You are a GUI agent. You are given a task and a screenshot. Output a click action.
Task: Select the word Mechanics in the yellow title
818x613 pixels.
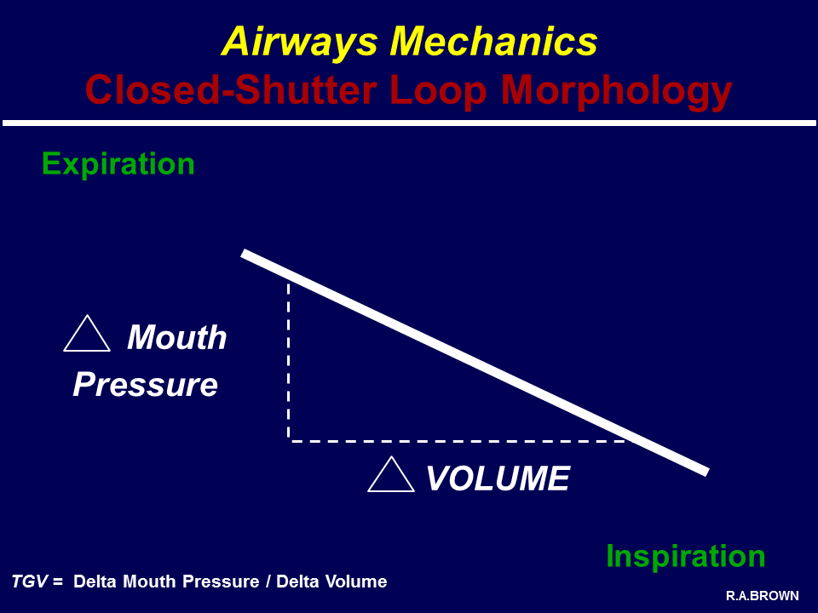click(x=493, y=41)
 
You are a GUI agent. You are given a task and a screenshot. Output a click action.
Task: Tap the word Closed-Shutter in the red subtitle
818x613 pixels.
click(x=231, y=89)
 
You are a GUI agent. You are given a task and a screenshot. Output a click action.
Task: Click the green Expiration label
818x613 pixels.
click(x=118, y=164)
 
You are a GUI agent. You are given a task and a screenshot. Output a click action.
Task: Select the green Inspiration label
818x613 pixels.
click(x=685, y=557)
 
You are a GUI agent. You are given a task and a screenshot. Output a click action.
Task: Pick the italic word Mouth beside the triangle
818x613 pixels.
click(x=177, y=337)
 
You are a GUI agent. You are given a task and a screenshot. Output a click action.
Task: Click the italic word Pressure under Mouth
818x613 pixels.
click(x=145, y=385)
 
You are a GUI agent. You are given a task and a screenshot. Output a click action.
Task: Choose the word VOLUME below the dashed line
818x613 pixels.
click(x=498, y=478)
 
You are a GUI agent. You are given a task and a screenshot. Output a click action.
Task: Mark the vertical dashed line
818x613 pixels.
click(x=289, y=361)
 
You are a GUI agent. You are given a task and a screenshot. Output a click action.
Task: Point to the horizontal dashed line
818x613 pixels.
click(x=458, y=441)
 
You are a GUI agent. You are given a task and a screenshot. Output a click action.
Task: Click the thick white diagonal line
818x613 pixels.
click(x=475, y=363)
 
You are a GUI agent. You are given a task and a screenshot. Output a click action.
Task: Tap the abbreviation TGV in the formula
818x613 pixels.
click(x=31, y=581)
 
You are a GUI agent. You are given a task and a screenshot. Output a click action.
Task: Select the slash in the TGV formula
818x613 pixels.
click(x=268, y=581)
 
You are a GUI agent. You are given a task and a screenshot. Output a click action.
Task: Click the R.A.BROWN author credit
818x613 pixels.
click(x=762, y=596)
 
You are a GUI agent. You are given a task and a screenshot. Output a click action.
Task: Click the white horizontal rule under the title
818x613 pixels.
click(x=409, y=123)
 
